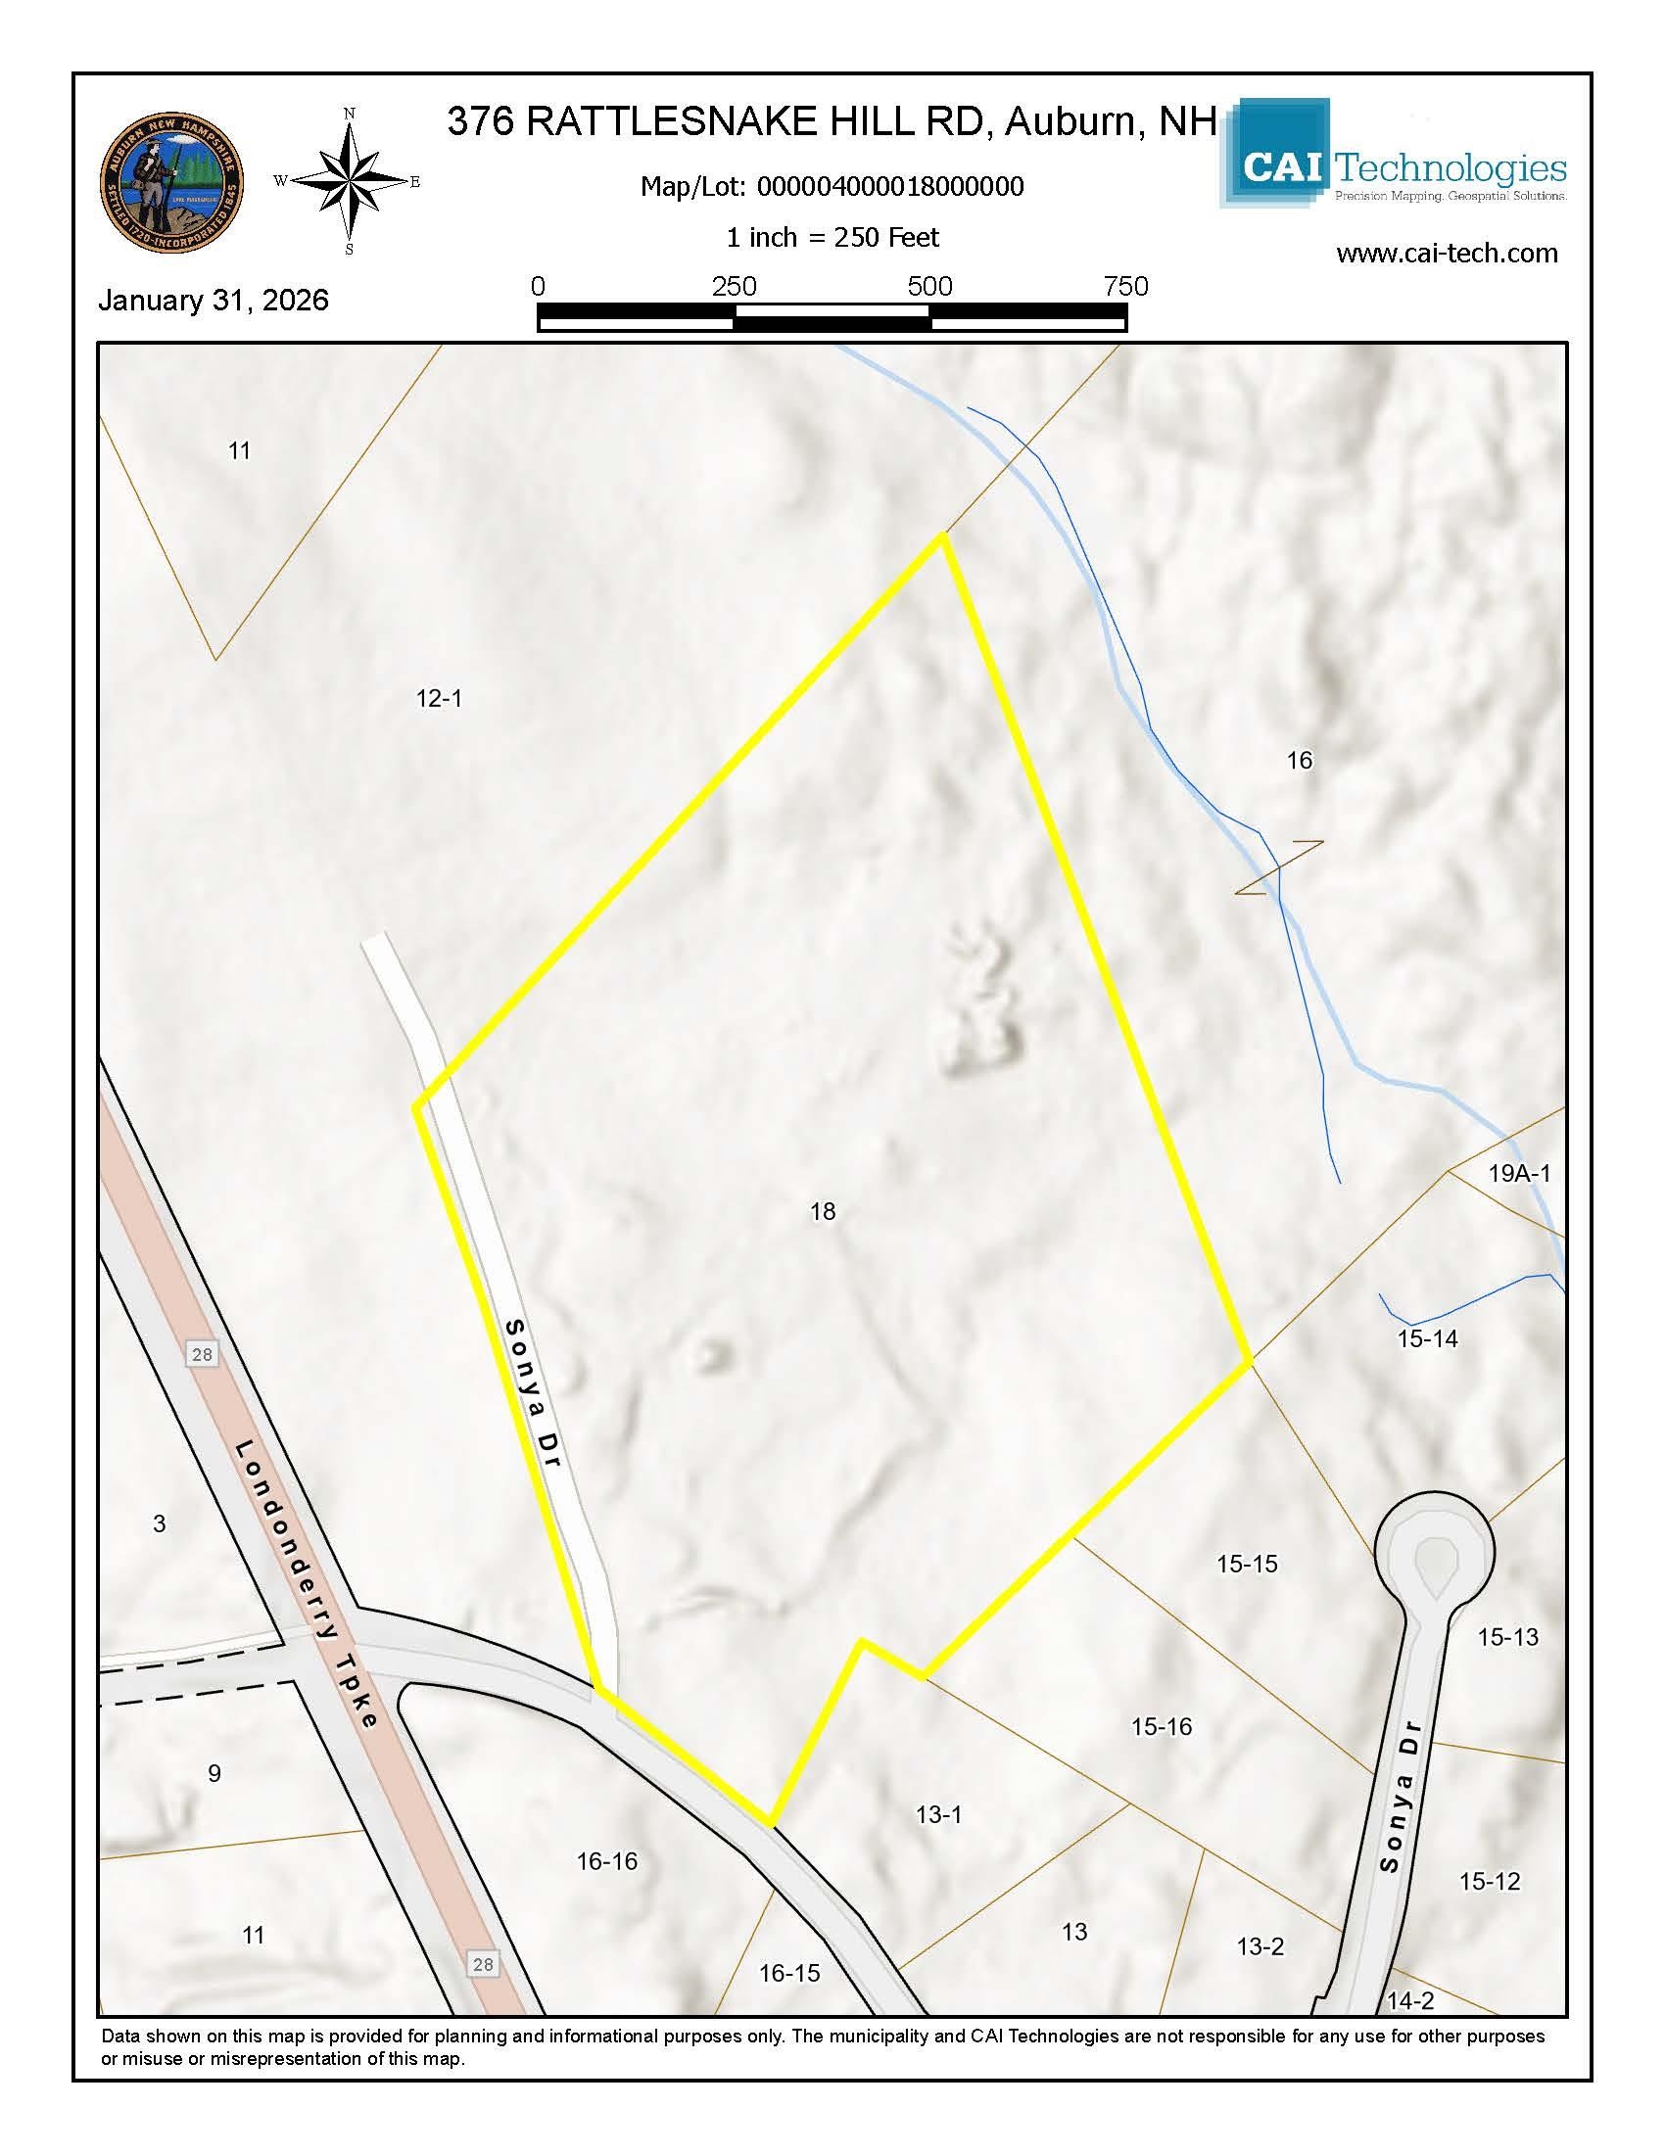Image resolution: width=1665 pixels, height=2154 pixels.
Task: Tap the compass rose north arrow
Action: click(x=351, y=181)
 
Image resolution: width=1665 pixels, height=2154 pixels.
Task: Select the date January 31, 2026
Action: click(x=214, y=300)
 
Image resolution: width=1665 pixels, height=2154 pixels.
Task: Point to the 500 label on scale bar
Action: click(x=929, y=287)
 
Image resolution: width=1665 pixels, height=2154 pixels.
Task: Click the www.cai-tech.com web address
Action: click(x=1446, y=254)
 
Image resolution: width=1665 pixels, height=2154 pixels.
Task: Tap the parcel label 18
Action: click(x=823, y=1211)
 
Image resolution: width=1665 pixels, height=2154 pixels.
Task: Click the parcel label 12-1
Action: click(x=439, y=698)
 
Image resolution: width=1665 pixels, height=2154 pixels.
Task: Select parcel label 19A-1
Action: click(x=1519, y=1173)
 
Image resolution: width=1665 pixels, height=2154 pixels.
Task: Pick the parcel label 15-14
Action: click(x=1427, y=1338)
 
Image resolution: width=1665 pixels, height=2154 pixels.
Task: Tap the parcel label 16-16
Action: click(x=606, y=1861)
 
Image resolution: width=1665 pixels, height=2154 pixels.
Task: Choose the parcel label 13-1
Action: click(x=938, y=1813)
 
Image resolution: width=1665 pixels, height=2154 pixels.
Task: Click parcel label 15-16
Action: click(x=1161, y=1726)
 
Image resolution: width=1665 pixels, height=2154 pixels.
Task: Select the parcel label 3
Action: click(x=160, y=1522)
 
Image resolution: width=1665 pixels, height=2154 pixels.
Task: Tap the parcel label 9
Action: click(x=214, y=1773)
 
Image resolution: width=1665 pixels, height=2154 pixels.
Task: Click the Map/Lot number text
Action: click(x=832, y=186)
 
